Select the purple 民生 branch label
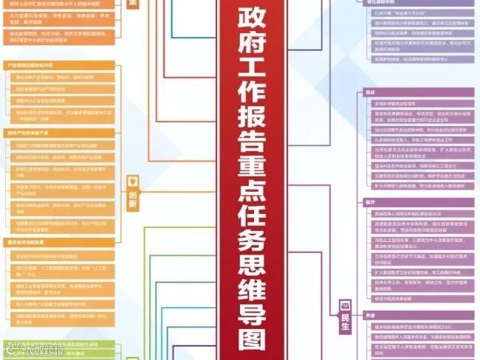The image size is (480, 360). click(x=343, y=319)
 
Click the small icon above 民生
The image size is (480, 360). click(x=344, y=304)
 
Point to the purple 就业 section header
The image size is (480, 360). click(x=370, y=92)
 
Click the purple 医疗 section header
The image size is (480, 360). click(x=370, y=201)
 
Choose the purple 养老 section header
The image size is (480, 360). click(x=370, y=316)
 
